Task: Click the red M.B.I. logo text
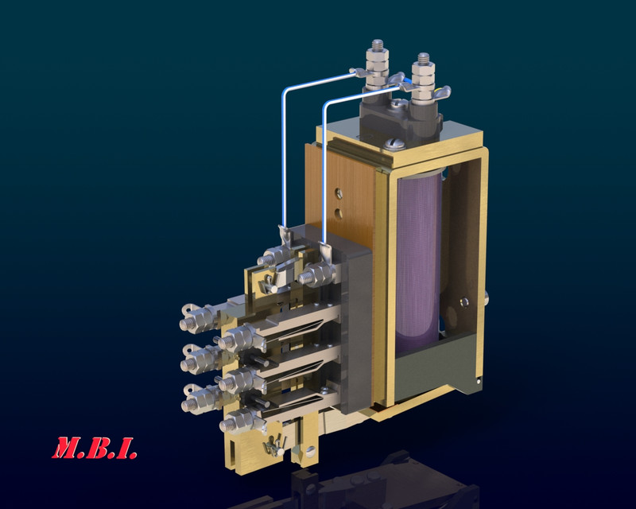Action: pyautogui.click(x=95, y=448)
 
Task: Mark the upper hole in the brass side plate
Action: pyautogui.click(x=340, y=192)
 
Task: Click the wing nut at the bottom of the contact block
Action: pyautogui.click(x=274, y=445)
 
